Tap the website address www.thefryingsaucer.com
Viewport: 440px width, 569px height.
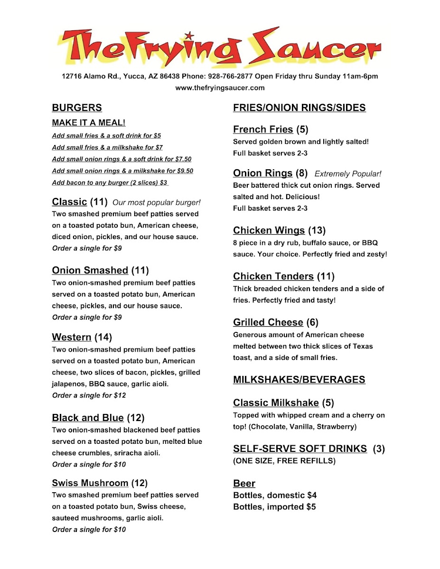[220, 88]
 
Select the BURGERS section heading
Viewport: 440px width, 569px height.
[77, 108]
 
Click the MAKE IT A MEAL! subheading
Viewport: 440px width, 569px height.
[89, 123]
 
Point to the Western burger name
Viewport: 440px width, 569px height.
[72, 337]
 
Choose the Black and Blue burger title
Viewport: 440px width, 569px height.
[88, 418]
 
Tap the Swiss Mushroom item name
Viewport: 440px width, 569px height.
[90, 483]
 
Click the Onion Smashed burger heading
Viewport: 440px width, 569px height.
[90, 270]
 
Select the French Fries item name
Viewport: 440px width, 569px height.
[263, 129]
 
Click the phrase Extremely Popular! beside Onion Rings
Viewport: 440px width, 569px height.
[348, 174]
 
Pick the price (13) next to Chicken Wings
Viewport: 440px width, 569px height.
[317, 230]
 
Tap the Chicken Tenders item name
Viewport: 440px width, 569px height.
[273, 276]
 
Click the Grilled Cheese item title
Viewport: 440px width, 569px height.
[268, 322]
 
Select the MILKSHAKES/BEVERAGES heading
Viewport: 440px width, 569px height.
[299, 379]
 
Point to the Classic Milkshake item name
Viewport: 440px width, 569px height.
[276, 403]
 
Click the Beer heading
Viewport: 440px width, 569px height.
[244, 484]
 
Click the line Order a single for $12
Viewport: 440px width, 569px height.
[89, 395]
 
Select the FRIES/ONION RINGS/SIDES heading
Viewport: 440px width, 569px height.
[300, 108]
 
